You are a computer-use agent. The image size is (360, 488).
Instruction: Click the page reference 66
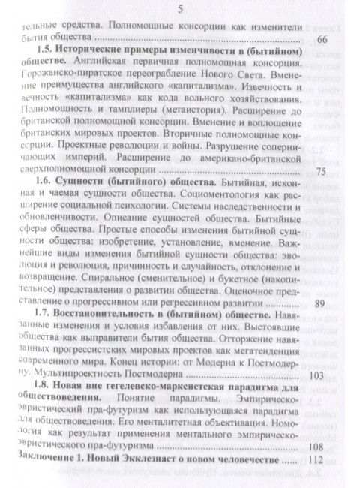tap(322, 38)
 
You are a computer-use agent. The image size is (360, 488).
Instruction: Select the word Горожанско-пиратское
tap(71, 78)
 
